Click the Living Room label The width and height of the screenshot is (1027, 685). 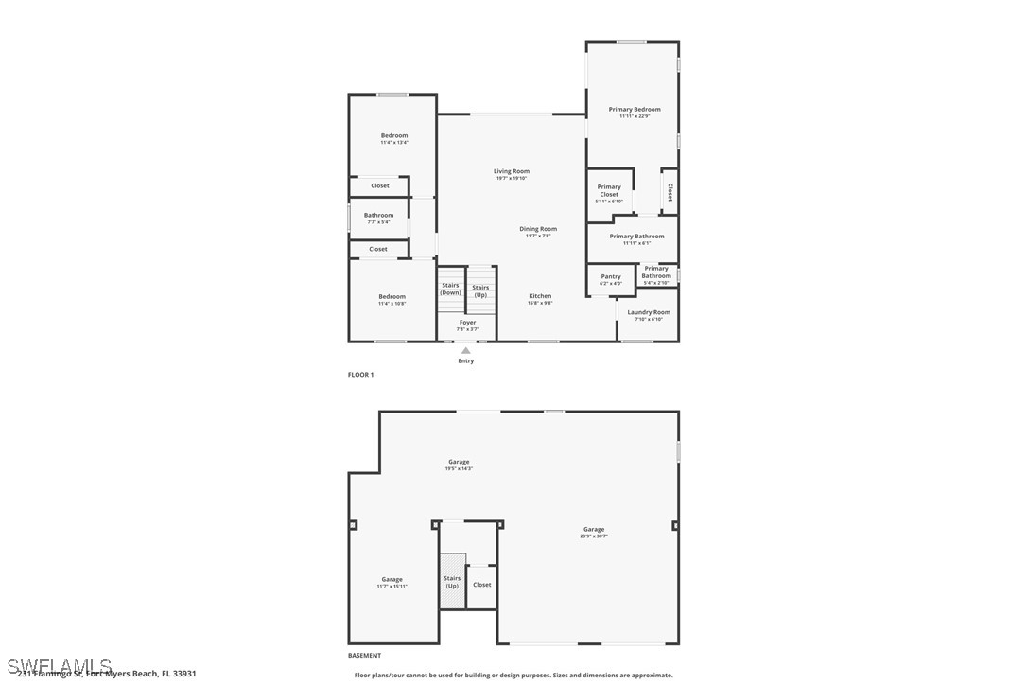(x=511, y=174)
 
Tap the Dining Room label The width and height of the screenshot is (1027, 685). (x=538, y=231)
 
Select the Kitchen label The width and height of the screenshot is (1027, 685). (x=540, y=299)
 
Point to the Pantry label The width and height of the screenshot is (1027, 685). (x=611, y=279)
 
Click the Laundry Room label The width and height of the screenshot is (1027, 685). (x=649, y=315)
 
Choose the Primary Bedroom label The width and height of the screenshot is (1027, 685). (x=635, y=112)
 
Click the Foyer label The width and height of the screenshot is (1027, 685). (x=467, y=325)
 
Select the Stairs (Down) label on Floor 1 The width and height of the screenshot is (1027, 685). (x=450, y=289)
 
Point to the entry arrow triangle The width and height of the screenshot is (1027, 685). (x=465, y=351)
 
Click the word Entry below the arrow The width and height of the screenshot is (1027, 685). (x=465, y=360)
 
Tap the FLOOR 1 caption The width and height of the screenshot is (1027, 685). (x=360, y=375)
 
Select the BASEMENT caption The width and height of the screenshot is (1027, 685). (x=364, y=656)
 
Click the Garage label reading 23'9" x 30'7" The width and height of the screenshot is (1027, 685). (x=594, y=532)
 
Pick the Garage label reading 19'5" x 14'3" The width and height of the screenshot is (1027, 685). (x=459, y=464)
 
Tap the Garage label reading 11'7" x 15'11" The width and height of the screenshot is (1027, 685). (x=392, y=582)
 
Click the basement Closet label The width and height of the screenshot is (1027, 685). (x=482, y=585)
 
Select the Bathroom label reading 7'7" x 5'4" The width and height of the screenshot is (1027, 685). (x=378, y=218)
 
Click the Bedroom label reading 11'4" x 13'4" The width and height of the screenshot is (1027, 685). (x=394, y=138)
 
